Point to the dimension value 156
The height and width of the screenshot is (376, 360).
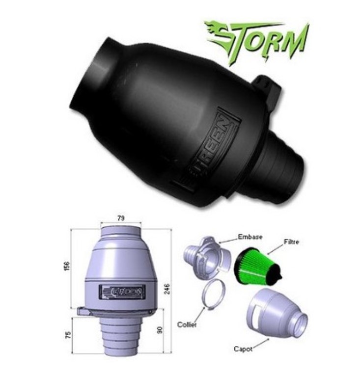pos(67,266)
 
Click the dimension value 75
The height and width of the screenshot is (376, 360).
pos(68,335)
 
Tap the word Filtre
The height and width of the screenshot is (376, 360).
pos(291,242)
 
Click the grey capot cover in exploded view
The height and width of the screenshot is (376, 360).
pos(277,314)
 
